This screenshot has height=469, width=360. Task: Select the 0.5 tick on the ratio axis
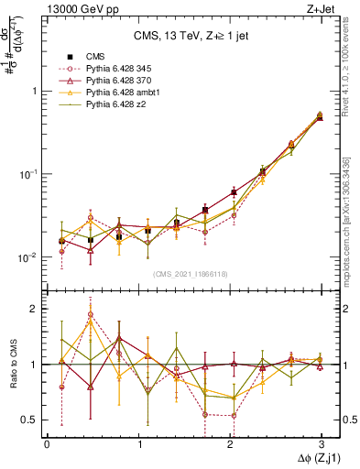click(29, 420)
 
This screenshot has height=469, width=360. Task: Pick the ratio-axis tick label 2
click(33, 309)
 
